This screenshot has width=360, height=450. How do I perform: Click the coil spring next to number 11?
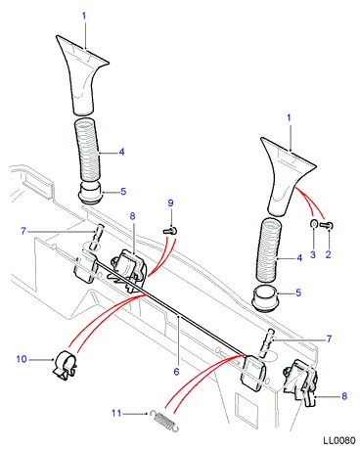(164, 420)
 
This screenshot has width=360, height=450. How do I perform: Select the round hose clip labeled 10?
(65, 365)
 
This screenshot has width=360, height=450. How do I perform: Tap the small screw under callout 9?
(170, 231)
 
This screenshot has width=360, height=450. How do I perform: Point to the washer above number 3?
(313, 224)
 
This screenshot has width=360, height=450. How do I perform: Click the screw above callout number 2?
(326, 225)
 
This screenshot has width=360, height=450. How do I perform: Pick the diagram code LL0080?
(339, 440)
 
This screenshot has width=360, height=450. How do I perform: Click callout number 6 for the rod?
(176, 372)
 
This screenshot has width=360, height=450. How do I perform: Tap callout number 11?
(116, 413)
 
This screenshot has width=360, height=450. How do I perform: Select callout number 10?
(22, 359)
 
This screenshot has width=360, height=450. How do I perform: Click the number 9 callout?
(170, 203)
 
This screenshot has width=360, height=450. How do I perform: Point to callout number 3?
(313, 254)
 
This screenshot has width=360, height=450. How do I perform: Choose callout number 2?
(328, 254)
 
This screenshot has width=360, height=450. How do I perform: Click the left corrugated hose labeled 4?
(87, 151)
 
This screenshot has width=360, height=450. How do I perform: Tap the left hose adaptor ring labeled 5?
(90, 194)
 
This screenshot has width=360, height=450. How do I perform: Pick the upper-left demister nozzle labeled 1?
(82, 75)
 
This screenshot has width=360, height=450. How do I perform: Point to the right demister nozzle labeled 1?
(287, 176)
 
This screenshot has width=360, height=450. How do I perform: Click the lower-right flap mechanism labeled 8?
(300, 382)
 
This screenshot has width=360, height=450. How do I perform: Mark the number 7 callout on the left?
(23, 231)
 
